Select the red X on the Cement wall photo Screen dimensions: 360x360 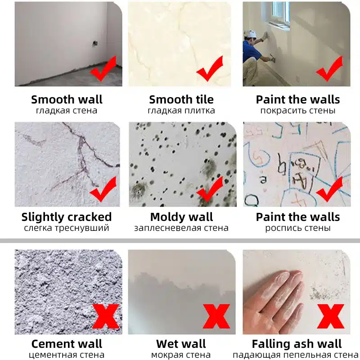106,317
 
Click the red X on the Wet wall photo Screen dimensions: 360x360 216,316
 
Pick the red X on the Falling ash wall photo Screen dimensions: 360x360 331,316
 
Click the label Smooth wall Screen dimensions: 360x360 67,99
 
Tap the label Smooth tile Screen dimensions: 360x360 181,99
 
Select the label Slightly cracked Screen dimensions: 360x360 67,217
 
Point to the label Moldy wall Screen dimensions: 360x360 182,217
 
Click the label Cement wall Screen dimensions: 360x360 67,344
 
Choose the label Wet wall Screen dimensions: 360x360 181,344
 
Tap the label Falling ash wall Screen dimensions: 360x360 297,344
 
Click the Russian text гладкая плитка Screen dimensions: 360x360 181,111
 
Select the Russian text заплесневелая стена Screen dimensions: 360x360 181,228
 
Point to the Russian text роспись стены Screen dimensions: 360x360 298,228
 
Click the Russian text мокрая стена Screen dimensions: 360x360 181,355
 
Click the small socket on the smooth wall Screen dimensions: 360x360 94,43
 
